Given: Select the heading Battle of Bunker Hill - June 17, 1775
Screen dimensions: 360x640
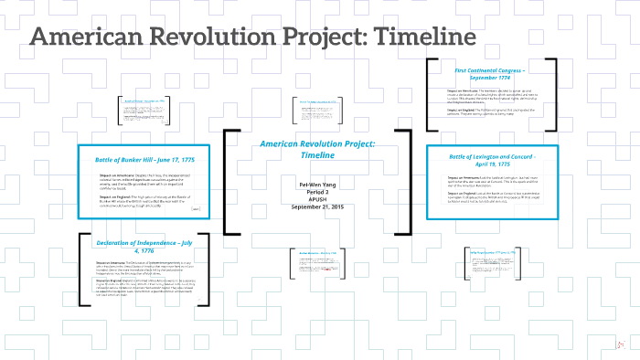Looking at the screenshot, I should [146, 160].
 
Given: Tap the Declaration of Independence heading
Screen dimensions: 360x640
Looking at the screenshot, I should [146, 246].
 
